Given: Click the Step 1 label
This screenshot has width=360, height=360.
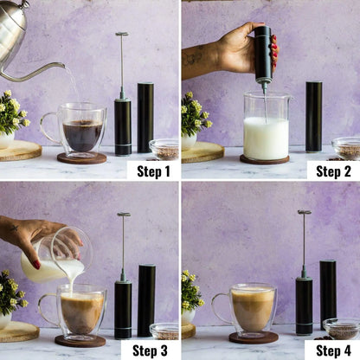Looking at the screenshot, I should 152,170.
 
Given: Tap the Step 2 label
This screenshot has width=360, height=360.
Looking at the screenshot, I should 333,170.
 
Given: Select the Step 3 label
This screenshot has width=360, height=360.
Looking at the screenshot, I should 151,350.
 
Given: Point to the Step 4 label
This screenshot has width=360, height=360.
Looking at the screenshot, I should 332,350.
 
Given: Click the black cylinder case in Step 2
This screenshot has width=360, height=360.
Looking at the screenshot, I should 313,117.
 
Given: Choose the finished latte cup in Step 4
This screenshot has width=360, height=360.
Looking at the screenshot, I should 252,308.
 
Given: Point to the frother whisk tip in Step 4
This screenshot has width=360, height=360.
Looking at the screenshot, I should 304,212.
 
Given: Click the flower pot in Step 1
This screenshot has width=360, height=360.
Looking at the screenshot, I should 5,139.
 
